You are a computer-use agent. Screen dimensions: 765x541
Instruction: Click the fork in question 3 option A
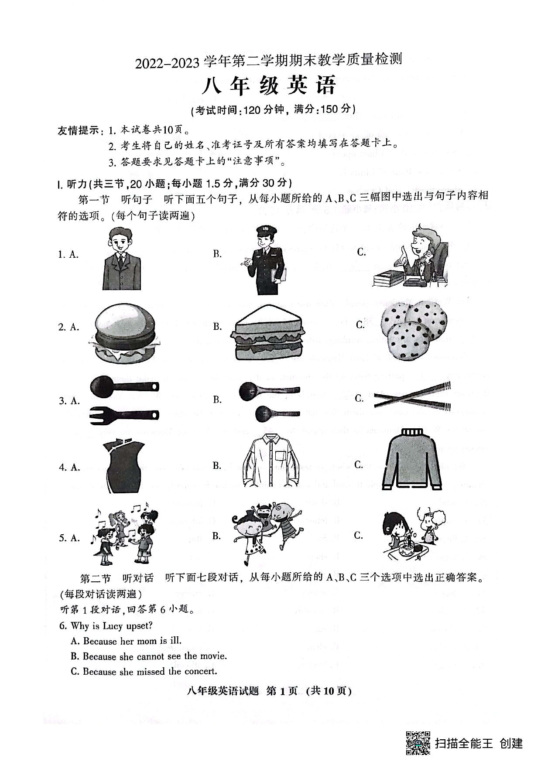[124, 415]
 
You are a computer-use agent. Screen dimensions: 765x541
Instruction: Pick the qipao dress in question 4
[123, 467]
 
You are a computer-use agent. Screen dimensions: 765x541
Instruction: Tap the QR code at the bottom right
[418, 743]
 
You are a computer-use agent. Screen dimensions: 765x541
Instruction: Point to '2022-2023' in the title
[167, 64]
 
